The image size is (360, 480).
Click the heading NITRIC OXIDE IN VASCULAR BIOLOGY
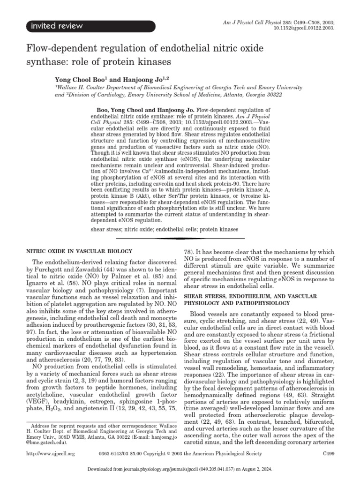click(x=78, y=252)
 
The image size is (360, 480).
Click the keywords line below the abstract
click(x=164, y=230)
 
